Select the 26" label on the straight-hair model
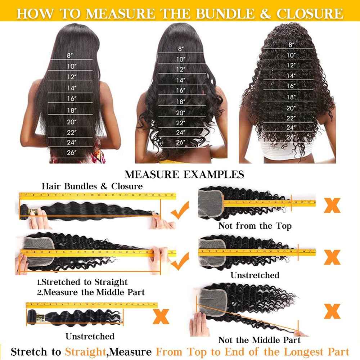coord(72,152)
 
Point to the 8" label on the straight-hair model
coord(70,55)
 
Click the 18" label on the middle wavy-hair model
coord(180,102)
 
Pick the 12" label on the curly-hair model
coord(291,65)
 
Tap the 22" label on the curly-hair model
coord(291,117)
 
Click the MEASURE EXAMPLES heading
coord(184,175)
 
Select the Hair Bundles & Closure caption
coord(92,186)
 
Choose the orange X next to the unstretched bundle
coord(161,316)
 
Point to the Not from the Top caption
coord(255,226)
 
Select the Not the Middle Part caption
coord(259,340)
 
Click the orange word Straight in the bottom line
coord(85,352)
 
